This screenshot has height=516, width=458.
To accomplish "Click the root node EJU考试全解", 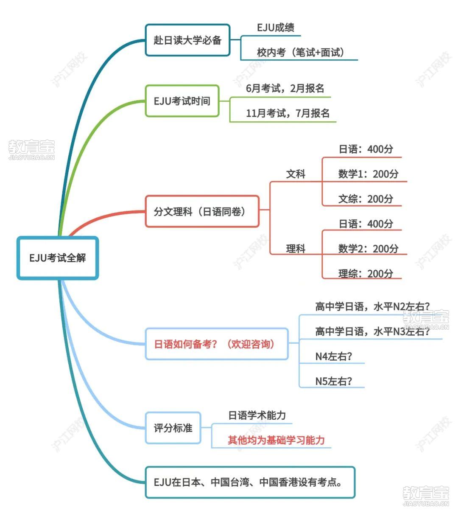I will tap(58, 258).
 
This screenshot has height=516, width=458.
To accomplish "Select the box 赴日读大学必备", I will tap(187, 40).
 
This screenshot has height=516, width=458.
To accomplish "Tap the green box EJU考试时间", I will tap(182, 101).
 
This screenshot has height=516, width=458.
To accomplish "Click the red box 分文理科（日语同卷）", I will tap(202, 211).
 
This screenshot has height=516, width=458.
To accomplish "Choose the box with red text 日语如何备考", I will tap(216, 344).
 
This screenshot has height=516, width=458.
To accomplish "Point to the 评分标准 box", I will tap(173, 428).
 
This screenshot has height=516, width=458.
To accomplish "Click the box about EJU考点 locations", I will tap(250, 482).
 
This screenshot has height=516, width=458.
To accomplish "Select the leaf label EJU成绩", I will tap(276, 28).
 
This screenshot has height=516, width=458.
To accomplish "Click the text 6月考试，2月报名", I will tap(285, 89).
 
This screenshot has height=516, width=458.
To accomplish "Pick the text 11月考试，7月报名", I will tap(288, 113).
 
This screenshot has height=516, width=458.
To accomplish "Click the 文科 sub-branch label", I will tap(296, 174).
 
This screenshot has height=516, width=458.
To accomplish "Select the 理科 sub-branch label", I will tap(296, 249).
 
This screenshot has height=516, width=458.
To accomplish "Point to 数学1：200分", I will tap(368, 174).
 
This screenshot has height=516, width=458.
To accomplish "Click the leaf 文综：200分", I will tap(366, 199).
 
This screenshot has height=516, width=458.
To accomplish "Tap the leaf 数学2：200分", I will tap(368, 249).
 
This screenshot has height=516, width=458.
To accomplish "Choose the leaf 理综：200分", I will tap(366, 274).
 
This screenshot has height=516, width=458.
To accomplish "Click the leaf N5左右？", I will tap(333, 381).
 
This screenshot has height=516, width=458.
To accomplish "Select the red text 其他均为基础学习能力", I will tap(276, 440).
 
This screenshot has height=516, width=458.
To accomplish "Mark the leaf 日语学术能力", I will tap(257, 415).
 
